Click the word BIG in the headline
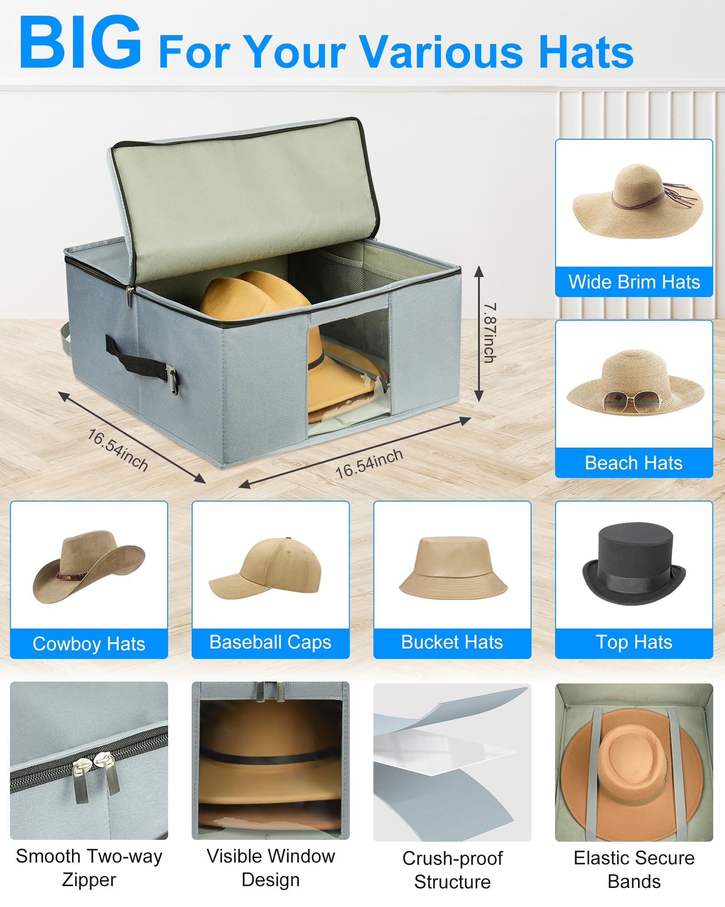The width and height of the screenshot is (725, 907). click(80, 43)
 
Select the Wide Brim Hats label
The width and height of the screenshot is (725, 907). click(634, 282)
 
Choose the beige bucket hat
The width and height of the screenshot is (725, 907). click(453, 569)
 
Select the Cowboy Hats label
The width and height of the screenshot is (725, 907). click(89, 644)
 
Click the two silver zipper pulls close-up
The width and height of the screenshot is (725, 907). click(96, 775)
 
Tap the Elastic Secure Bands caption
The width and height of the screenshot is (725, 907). click(634, 869)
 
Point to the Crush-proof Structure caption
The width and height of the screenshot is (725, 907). click(452, 870)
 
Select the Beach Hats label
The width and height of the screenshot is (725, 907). click(634, 463)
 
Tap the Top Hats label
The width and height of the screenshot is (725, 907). click(634, 642)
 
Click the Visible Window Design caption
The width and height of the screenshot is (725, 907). click(271, 868)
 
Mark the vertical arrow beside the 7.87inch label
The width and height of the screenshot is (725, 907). click(478, 334)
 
